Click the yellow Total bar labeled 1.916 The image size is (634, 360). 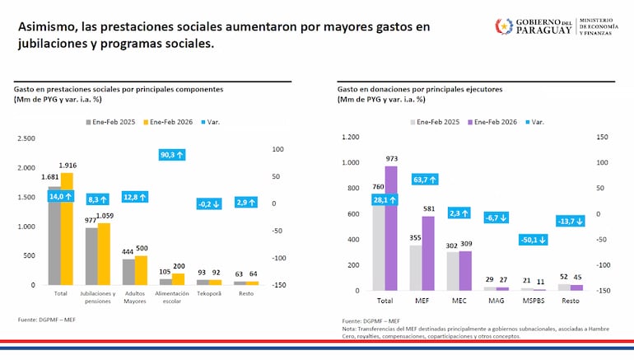[67, 231]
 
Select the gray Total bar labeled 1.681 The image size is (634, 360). [54, 239]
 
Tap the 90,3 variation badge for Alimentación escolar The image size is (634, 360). [172, 154]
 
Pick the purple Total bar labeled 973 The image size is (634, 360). [390, 231]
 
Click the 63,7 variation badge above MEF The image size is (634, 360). [425, 179]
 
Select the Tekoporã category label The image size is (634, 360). [208, 293]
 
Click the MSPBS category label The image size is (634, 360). [534, 302]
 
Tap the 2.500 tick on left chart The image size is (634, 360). [26, 138]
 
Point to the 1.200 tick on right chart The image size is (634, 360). [350, 138]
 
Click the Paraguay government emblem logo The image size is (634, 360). [502, 26]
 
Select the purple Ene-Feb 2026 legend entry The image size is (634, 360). [498, 121]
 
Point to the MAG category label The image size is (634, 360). [496, 302]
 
